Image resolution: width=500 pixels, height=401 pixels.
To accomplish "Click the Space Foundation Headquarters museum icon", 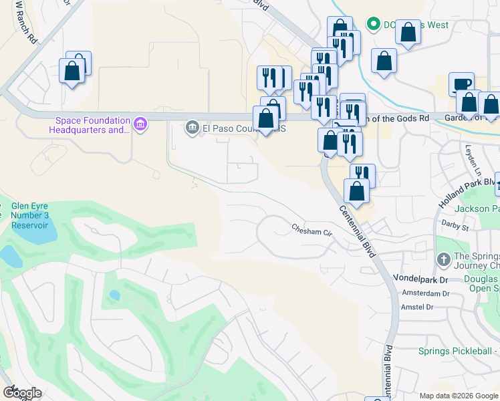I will click(x=140, y=124).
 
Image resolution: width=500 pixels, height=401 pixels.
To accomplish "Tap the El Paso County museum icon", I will click(x=193, y=127).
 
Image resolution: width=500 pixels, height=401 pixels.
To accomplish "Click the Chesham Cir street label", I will click(x=311, y=231).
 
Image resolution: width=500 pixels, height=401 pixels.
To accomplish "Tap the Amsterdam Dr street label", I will click(x=426, y=293).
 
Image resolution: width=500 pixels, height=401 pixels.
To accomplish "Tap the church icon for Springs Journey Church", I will click(x=443, y=259).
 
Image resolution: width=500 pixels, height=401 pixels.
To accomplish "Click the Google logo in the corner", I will click(x=22, y=393).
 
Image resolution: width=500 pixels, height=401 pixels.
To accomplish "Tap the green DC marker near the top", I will click(x=373, y=25).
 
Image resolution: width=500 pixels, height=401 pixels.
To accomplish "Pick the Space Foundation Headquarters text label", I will click(x=92, y=125).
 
